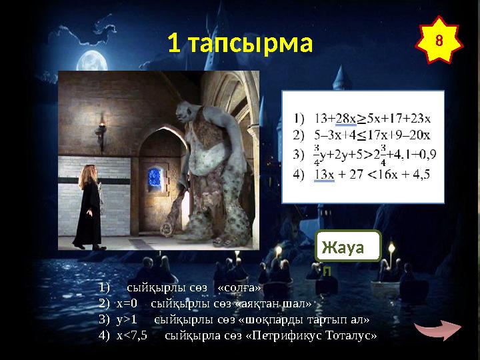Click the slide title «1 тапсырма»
click(x=239, y=44)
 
